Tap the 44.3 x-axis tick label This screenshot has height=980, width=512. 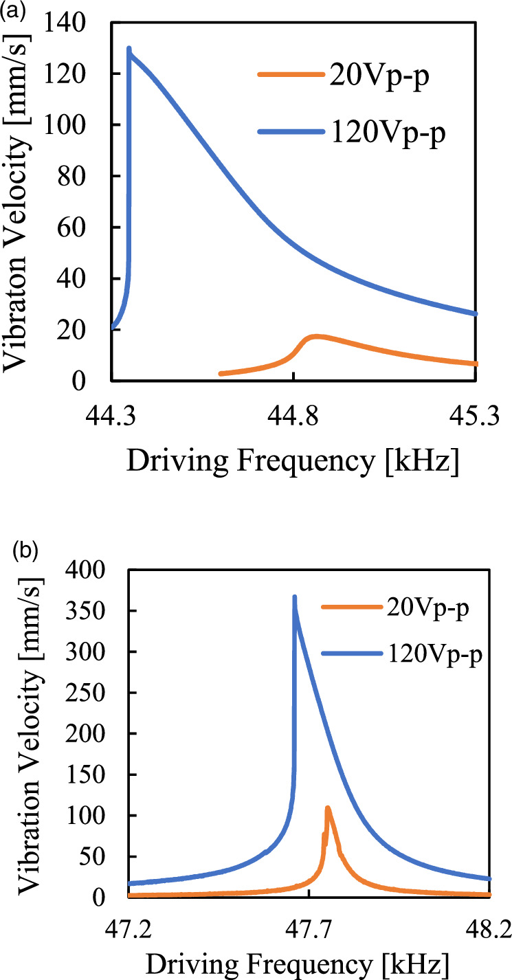pyautogui.click(x=111, y=415)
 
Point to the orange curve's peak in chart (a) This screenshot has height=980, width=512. pyautogui.click(x=315, y=336)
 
